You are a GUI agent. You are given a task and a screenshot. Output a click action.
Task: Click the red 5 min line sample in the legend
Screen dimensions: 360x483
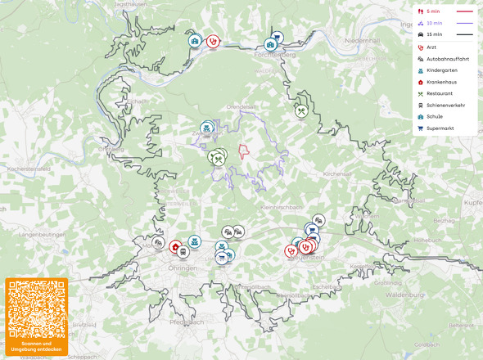click(464, 11)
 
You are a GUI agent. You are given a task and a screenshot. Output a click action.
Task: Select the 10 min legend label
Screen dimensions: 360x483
click(434, 23)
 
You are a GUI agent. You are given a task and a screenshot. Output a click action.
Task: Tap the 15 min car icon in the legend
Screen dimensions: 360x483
click(421, 34)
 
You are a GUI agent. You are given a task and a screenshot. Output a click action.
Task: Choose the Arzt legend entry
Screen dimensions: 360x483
click(431, 47)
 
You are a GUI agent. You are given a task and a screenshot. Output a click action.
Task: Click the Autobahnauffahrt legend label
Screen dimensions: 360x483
click(448, 59)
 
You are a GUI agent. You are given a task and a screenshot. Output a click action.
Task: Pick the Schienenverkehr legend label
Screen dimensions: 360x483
click(445, 105)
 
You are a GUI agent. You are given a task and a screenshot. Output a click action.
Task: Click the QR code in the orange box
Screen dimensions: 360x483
click(35, 309)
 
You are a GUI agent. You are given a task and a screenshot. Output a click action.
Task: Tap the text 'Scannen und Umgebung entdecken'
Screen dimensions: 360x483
click(35, 347)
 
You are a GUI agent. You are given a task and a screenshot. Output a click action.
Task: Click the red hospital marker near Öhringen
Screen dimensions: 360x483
click(175, 246)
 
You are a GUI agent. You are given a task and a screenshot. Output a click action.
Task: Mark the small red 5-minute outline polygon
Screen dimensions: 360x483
click(243, 152)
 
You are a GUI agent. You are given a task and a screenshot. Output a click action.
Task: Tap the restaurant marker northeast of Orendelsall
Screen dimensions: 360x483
click(302, 110)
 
